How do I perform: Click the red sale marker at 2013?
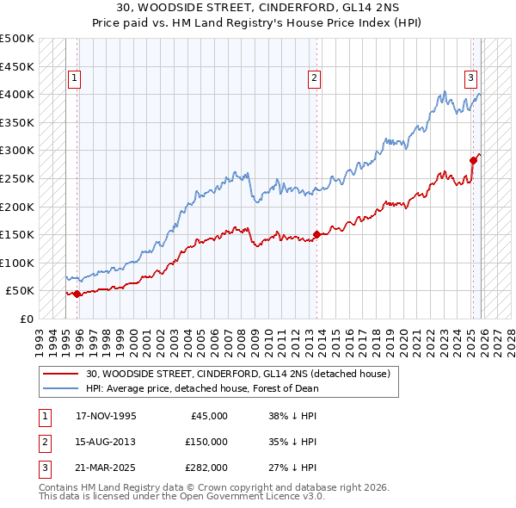[316, 234]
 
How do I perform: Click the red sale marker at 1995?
[77, 294]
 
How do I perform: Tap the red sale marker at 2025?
[473, 160]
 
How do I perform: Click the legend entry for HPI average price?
[202, 388]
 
